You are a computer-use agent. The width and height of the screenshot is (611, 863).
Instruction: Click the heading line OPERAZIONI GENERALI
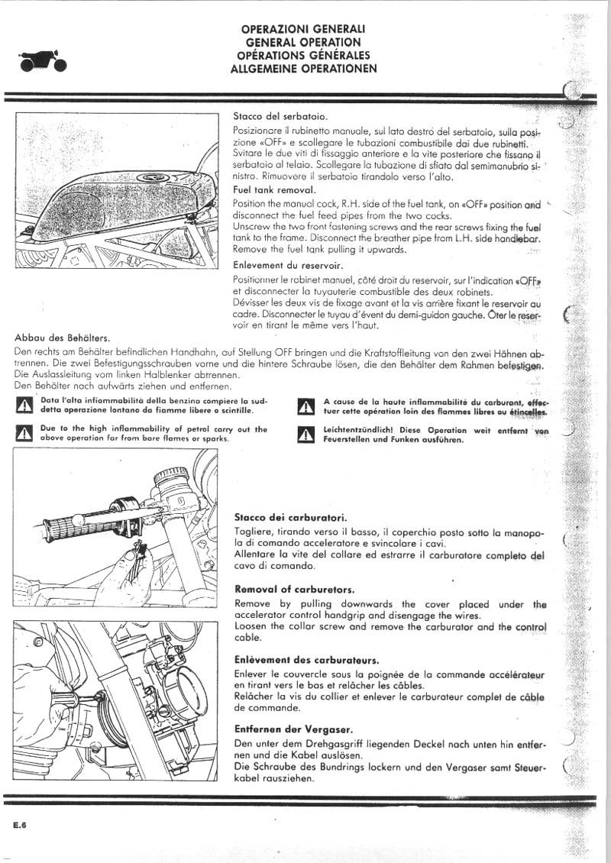[x=303, y=29]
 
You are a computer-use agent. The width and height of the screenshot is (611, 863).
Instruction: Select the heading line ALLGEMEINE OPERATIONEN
[x=303, y=68]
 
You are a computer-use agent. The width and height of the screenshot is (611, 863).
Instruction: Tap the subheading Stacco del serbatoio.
[x=280, y=117]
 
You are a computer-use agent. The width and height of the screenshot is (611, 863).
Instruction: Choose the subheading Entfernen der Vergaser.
[x=293, y=729]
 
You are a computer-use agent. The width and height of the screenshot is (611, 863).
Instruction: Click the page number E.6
[x=21, y=824]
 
